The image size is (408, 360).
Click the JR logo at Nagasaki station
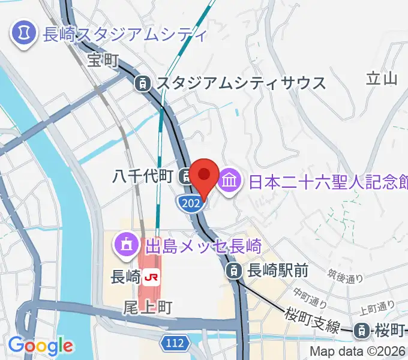tap(151, 277)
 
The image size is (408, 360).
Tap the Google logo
tap(40, 346)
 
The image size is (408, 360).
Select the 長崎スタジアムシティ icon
tap(24, 29)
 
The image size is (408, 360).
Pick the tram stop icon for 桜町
tap(362, 329)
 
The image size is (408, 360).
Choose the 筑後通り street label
tap(346, 276)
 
